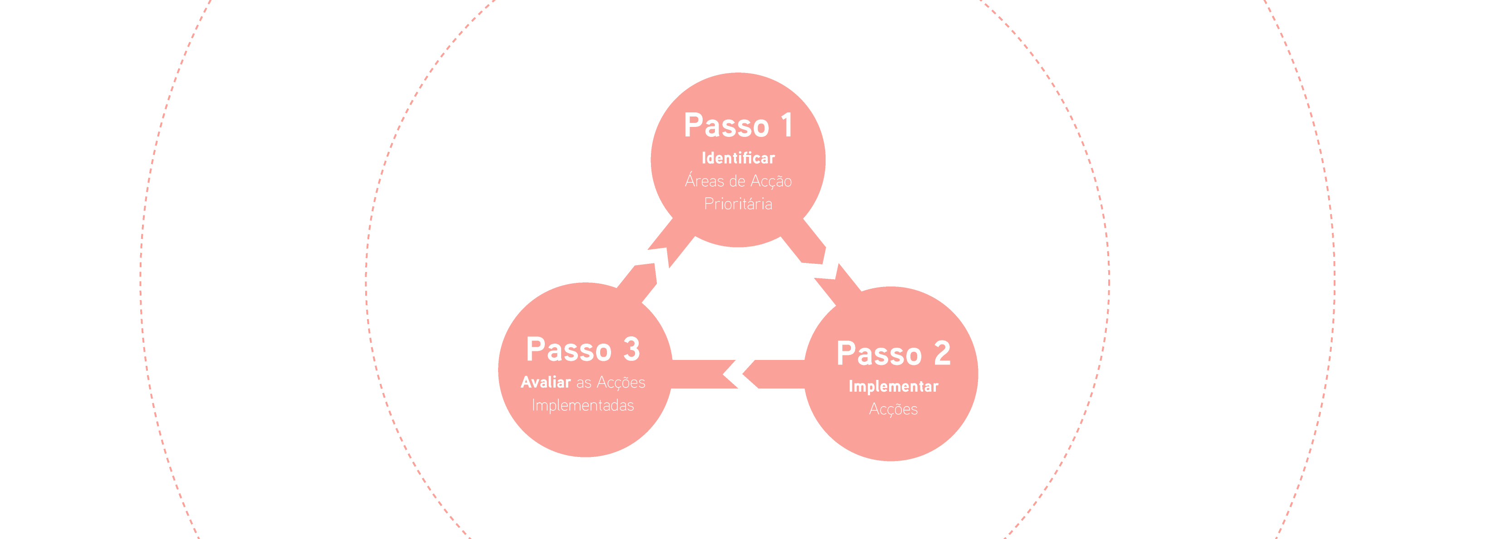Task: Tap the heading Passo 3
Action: click(582, 349)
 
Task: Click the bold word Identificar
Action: click(738, 158)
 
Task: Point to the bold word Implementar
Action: click(893, 386)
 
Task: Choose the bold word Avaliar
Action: click(546, 382)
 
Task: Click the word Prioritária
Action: click(738, 204)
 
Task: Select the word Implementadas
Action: click(582, 405)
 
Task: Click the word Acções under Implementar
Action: click(893, 409)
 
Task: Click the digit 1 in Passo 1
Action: click(786, 125)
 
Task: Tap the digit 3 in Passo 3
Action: click(631, 349)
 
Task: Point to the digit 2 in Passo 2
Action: click(942, 353)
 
